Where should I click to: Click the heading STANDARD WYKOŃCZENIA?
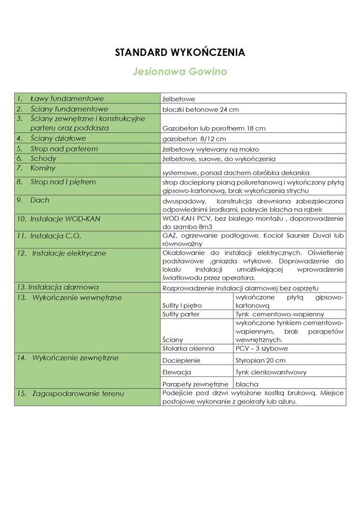click(180, 53)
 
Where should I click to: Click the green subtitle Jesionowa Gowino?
click(180, 72)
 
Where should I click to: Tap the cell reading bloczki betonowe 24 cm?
click(200, 109)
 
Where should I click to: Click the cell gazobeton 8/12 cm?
click(194, 138)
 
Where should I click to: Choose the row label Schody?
click(44, 159)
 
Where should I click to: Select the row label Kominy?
click(44, 168)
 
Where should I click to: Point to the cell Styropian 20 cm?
click(261, 360)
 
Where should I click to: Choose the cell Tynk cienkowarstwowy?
click(271, 372)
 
